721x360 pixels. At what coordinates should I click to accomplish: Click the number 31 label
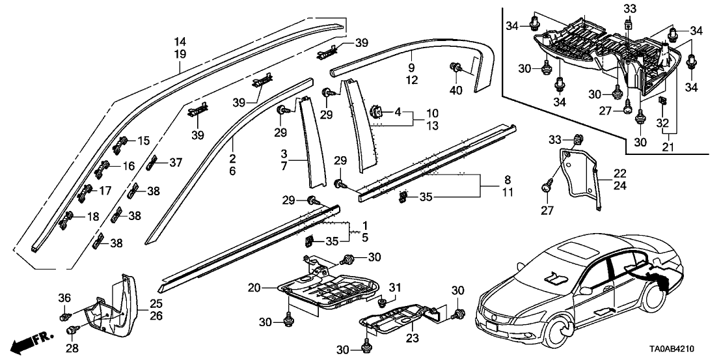coord(394,288)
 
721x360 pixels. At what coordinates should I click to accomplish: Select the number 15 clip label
coord(143,140)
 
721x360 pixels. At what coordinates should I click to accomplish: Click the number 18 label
coord(93,216)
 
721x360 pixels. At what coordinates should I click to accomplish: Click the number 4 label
coord(397,112)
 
